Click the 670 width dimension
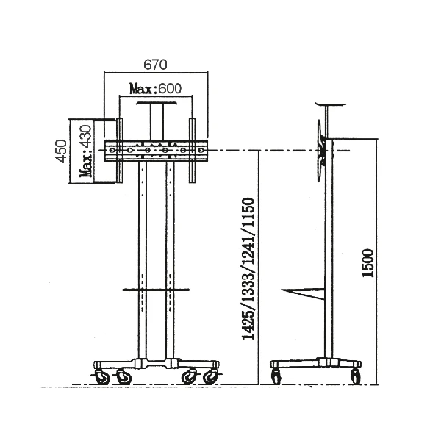click(x=154, y=65)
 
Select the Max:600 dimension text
click(x=155, y=89)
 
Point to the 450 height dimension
click(x=62, y=152)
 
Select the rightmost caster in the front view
click(x=212, y=376)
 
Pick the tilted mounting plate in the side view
click(x=321, y=147)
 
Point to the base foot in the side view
click(x=316, y=364)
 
